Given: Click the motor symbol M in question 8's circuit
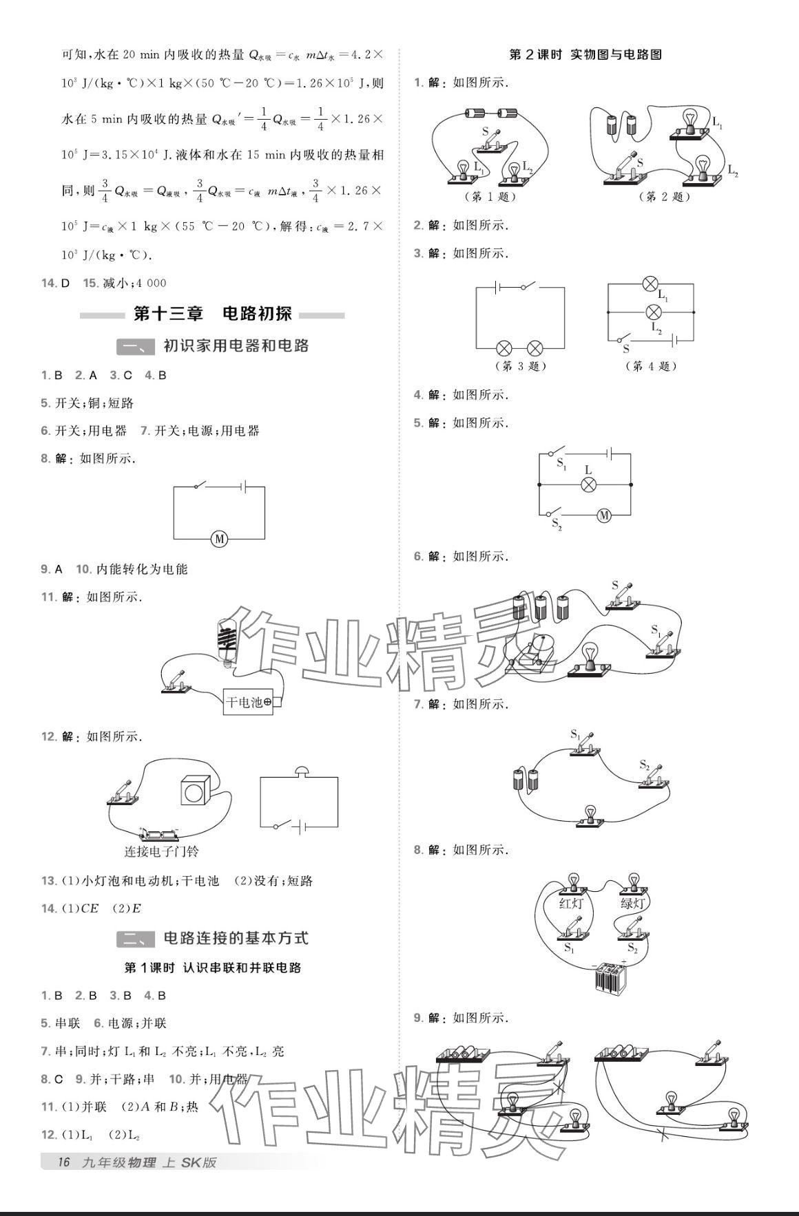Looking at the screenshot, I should click(x=219, y=539).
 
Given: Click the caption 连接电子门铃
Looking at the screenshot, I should click(x=161, y=851).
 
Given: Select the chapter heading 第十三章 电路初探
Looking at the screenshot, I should click(x=212, y=314).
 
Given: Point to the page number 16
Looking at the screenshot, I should click(x=63, y=1162).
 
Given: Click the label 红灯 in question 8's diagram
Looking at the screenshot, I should click(x=570, y=903).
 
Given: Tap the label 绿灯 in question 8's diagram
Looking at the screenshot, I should click(x=632, y=903).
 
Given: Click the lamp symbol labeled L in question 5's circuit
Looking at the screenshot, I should click(x=588, y=484).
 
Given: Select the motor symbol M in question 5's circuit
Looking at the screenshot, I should click(x=604, y=515).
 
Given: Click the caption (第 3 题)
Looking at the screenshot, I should click(x=521, y=366).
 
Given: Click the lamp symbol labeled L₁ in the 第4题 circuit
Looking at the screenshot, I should click(x=650, y=284).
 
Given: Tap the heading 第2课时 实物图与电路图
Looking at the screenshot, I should click(x=585, y=55).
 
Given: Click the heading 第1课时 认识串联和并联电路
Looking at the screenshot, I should click(x=212, y=967).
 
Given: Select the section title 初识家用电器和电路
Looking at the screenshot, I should click(x=236, y=345).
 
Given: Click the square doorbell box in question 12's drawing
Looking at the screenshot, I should click(x=195, y=791).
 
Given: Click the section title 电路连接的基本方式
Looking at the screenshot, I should click(x=236, y=937).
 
